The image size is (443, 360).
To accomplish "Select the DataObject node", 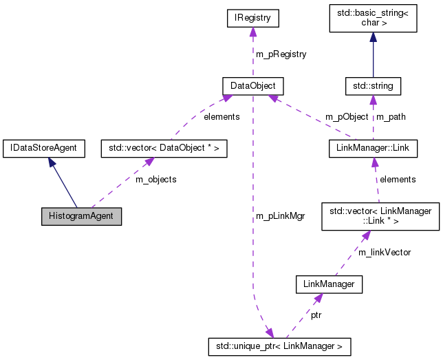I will (x=253, y=86).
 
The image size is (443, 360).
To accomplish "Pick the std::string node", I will (x=373, y=86).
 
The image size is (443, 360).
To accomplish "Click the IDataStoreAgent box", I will (x=44, y=147).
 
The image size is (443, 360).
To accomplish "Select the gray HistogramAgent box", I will (x=81, y=215).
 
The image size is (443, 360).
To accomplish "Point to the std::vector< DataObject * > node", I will (x=154, y=147).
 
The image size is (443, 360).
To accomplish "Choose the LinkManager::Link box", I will (x=372, y=147).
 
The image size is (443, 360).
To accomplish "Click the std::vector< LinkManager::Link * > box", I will (x=380, y=215).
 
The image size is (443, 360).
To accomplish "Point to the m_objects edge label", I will (x=155, y=180).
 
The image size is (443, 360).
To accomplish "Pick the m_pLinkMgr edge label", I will (x=280, y=215).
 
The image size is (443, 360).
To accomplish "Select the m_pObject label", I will (x=347, y=117).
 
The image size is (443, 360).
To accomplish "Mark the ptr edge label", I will (x=316, y=315).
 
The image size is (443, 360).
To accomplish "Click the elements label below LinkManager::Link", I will (x=398, y=180).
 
